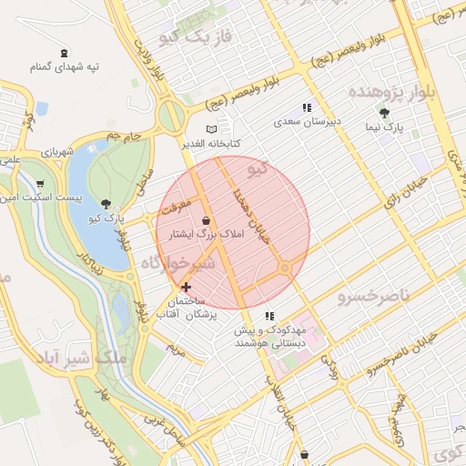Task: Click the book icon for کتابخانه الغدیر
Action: click(x=214, y=130)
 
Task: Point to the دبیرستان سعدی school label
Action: click(x=308, y=120)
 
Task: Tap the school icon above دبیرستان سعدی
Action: click(x=308, y=106)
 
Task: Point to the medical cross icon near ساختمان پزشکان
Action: click(x=187, y=288)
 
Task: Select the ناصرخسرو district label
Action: click(x=374, y=297)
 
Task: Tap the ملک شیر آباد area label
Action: click(x=83, y=356)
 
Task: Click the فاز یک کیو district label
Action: click(x=196, y=37)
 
